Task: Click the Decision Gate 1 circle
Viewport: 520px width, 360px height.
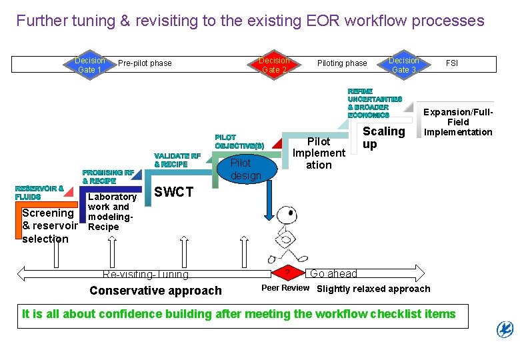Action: (89, 65)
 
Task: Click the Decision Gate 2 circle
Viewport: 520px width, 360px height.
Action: (274, 65)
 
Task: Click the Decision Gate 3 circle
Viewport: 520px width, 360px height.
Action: (403, 65)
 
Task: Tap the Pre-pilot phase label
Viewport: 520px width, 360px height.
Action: (145, 63)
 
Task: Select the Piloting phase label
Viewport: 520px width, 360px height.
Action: (342, 63)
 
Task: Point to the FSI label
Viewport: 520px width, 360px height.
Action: (452, 63)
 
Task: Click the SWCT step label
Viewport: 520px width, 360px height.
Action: (173, 192)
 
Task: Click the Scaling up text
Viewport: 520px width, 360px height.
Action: (383, 137)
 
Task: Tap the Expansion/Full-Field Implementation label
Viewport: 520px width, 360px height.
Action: (458, 122)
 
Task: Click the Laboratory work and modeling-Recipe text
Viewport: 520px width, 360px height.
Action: (111, 211)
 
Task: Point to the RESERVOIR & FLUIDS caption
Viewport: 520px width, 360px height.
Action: (39, 193)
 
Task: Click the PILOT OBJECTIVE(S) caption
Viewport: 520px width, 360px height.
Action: (239, 141)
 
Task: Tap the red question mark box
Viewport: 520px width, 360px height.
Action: (287, 273)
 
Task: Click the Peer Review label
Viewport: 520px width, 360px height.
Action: (285, 288)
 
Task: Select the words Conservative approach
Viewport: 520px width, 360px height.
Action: (155, 290)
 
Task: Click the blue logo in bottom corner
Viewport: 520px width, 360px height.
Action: (505, 329)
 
